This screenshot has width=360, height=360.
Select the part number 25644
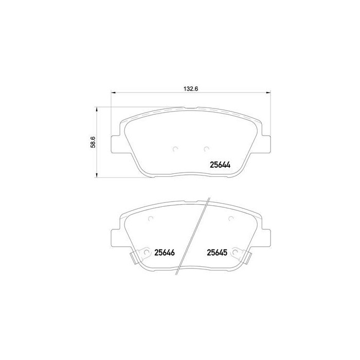click(219, 165)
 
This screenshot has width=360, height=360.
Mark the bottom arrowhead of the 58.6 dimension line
click(96, 175)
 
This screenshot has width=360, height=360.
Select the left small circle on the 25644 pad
click(175, 149)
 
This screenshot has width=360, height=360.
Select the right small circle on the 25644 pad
click(206, 149)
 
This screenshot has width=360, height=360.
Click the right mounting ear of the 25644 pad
click(266, 144)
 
